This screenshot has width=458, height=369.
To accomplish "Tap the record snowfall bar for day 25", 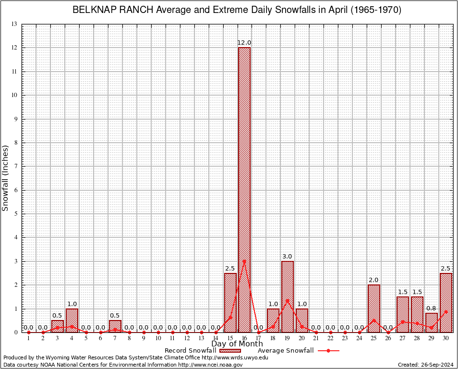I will click(x=374, y=308).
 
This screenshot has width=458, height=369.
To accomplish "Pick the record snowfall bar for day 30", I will click(x=446, y=303).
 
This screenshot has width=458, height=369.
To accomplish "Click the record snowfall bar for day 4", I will click(x=72, y=320).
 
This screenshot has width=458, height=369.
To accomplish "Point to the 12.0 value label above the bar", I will click(x=244, y=43).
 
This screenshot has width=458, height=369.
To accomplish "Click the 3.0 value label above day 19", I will click(x=288, y=257).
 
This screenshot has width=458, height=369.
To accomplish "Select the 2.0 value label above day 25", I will click(x=374, y=280).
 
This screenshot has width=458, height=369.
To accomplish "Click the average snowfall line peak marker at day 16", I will click(x=244, y=261).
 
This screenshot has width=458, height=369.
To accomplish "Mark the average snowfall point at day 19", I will click(x=288, y=301).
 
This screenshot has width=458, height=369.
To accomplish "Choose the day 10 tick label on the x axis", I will click(x=158, y=339).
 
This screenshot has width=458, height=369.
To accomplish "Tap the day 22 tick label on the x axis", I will click(x=331, y=339).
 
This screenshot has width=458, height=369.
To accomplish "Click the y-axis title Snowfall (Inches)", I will click(x=6, y=178).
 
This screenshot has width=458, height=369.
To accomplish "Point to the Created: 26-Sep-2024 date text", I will click(x=425, y=365).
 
